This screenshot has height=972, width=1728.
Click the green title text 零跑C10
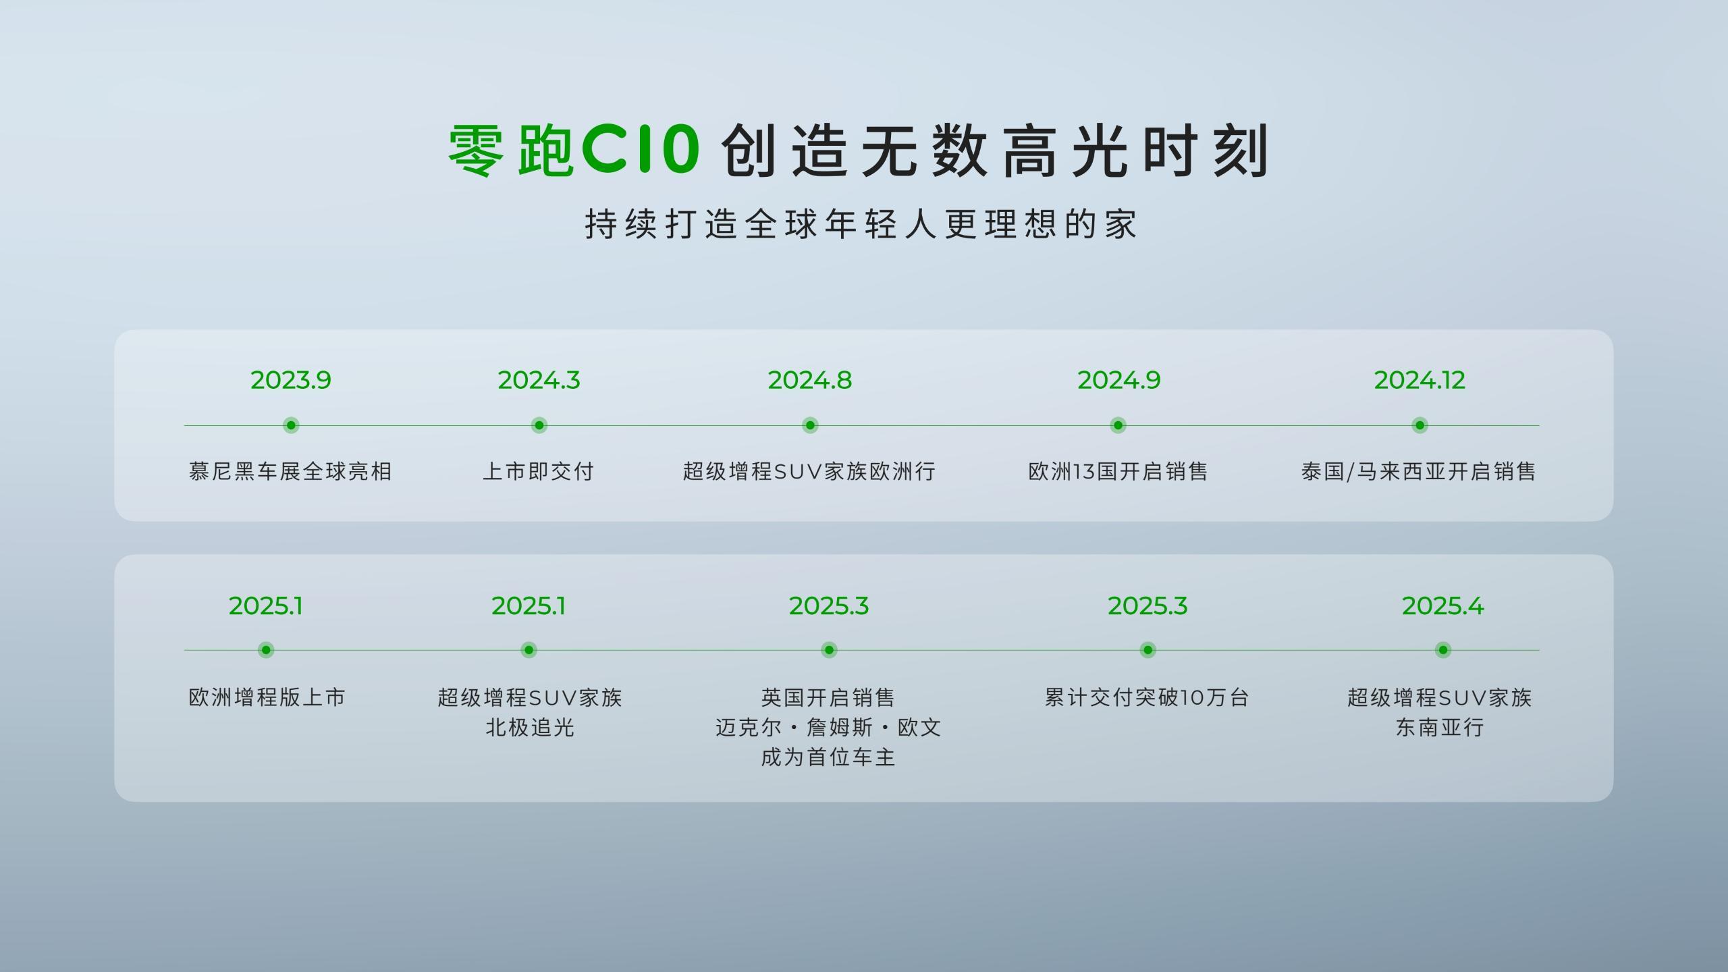[x=574, y=150]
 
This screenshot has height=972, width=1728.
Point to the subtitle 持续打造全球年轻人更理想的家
[x=862, y=224]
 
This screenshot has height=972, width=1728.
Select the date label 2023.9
[x=291, y=380]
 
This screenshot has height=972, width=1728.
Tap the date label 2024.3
[x=539, y=380]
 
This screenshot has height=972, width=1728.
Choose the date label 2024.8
[x=810, y=380]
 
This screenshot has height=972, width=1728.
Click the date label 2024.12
[x=1420, y=380]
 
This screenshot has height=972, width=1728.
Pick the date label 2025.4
[x=1442, y=606]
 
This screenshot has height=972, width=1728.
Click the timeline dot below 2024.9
[x=1118, y=425]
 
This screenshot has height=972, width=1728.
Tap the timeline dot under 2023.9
[x=291, y=425]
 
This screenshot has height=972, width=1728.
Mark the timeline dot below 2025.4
[x=1442, y=650]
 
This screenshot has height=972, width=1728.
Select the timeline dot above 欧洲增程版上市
[x=266, y=650]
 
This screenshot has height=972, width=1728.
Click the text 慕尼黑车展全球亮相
[x=290, y=471]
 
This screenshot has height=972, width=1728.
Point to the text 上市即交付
[x=539, y=471]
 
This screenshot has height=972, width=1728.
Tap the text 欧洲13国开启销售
[x=1118, y=471]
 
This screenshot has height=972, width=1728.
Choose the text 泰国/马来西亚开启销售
[x=1419, y=471]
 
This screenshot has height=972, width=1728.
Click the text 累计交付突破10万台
[x=1147, y=697]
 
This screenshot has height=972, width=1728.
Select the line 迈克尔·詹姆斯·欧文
[x=828, y=728]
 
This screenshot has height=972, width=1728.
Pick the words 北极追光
[x=530, y=728]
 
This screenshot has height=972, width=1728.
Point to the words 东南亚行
[x=1440, y=728]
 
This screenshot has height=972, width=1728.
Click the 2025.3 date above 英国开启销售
[x=829, y=606]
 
